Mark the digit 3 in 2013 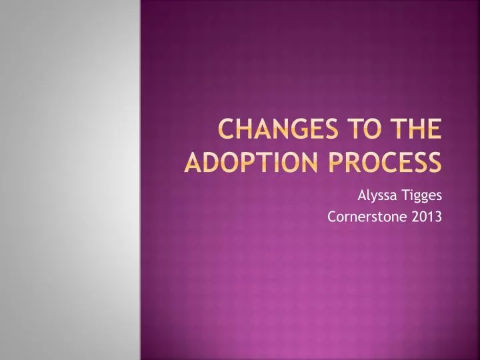(x=438, y=216)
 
